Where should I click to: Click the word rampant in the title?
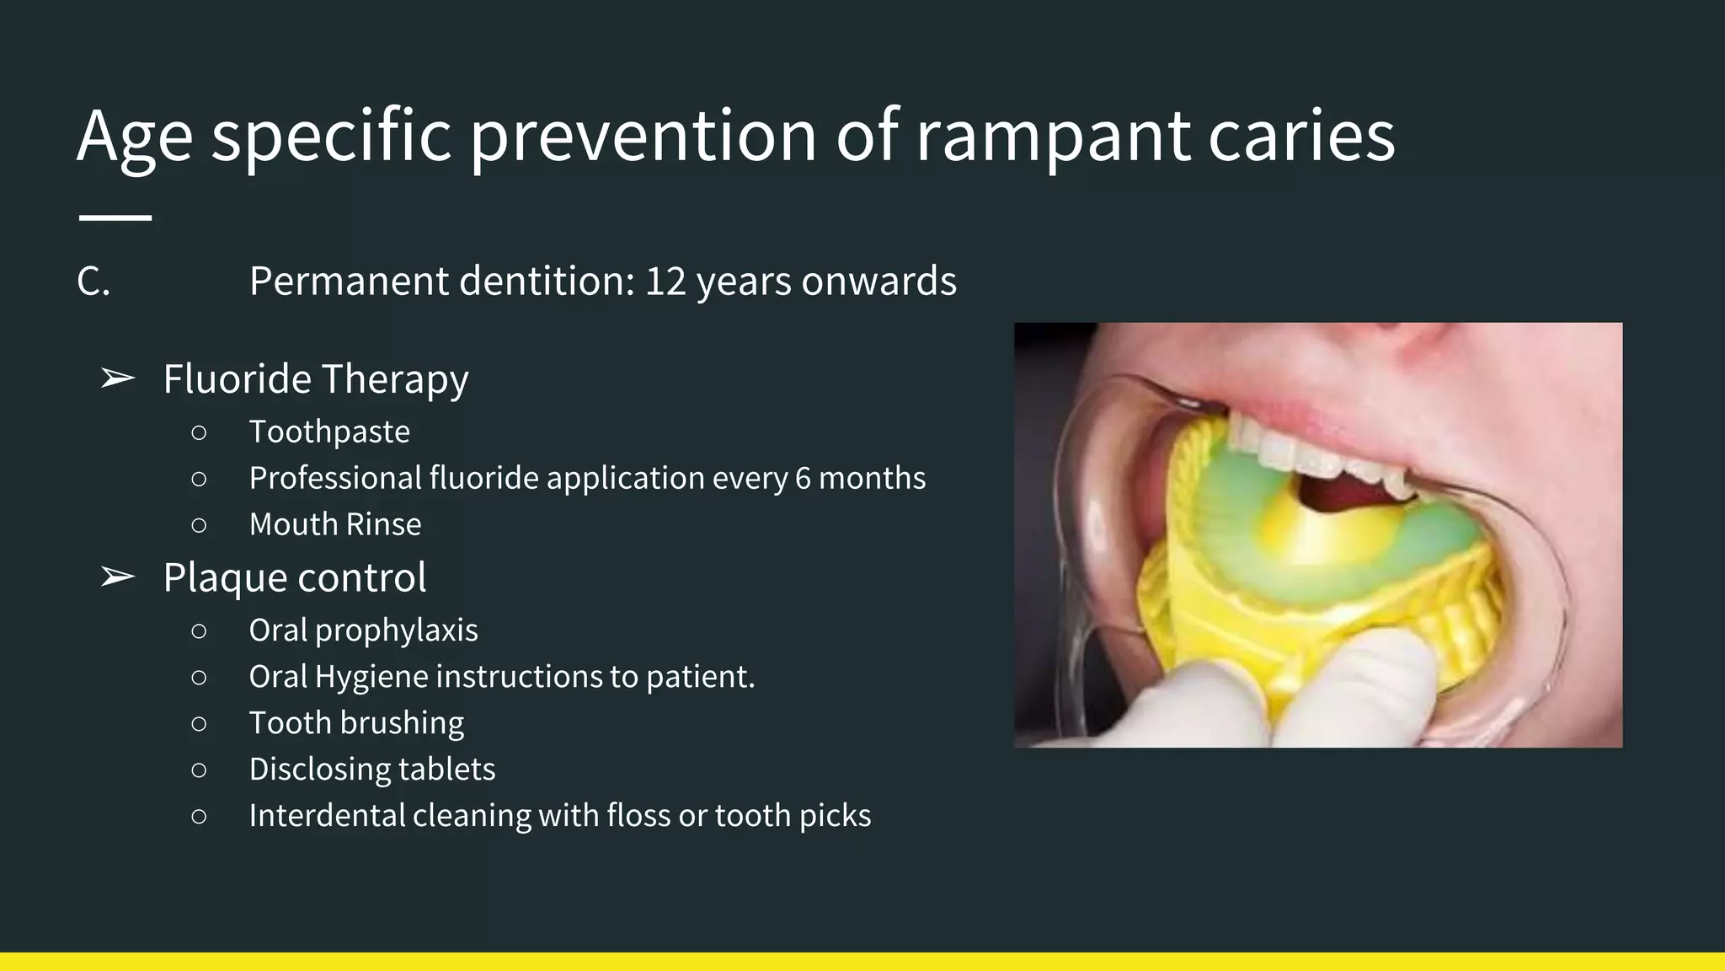pos(1052,137)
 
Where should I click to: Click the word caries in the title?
pos(1301,137)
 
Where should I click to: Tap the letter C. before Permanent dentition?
pos(93,282)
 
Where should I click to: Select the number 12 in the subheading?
pos(665,282)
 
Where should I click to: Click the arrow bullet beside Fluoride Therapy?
pos(117,379)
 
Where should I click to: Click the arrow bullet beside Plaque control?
pos(117,578)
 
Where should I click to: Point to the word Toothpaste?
pos(329,432)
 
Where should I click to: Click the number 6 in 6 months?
pos(803,479)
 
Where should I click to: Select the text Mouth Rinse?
pos(335,525)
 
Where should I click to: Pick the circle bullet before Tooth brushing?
pos(199,724)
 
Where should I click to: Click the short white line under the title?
pos(115,217)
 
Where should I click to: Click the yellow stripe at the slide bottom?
pos(862,962)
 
